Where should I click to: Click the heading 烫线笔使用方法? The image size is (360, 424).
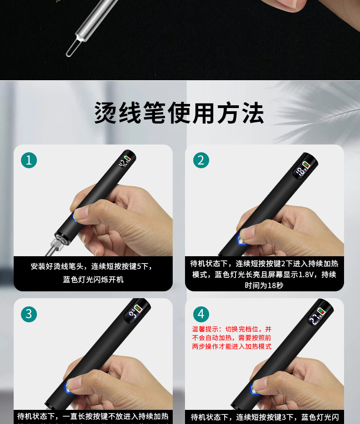coord(179,113)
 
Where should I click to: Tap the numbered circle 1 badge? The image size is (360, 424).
coord(29,160)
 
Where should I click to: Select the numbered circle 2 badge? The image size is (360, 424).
coord(201,160)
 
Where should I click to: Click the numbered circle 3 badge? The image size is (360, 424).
coord(29,314)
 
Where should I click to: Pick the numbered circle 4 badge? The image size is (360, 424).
coord(201,314)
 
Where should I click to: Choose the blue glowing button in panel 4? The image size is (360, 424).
coord(253,388)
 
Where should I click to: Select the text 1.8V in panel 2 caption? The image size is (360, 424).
coord(309,274)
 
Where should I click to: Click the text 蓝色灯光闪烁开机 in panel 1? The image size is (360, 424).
coord(93,279)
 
